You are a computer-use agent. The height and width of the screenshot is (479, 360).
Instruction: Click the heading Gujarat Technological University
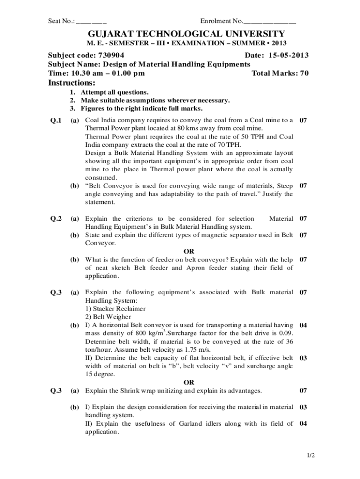[x=180, y=34]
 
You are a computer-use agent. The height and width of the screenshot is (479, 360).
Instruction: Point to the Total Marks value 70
[x=304, y=73]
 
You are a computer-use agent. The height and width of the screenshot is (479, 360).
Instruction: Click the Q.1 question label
[x=56, y=121]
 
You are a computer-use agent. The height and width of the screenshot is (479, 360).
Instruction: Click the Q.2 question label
[x=56, y=218]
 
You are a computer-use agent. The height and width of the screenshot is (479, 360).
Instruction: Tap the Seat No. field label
[x=61, y=21]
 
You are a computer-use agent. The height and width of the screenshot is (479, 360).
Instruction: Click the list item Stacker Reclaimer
[x=115, y=309]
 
